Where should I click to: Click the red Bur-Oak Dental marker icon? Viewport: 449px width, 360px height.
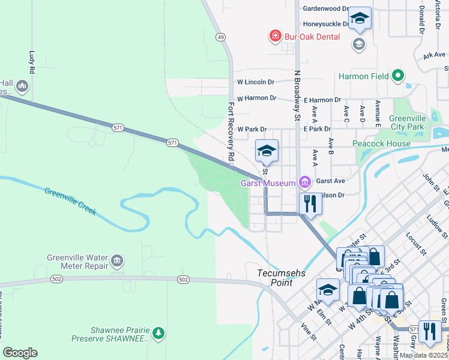(276, 37)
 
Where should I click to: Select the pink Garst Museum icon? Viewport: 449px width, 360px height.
(305, 182)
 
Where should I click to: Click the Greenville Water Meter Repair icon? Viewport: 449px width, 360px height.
(117, 262)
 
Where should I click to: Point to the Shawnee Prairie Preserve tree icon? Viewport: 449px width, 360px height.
(158, 332)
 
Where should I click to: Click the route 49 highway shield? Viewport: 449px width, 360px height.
(221, 37)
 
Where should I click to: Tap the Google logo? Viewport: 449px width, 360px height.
(20, 353)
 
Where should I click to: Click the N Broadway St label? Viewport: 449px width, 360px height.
(297, 95)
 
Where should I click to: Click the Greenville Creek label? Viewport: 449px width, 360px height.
(70, 201)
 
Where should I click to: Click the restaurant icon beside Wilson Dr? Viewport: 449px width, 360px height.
(310, 203)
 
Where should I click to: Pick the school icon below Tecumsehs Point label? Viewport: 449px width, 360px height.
(328, 290)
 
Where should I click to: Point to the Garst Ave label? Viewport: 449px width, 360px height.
(330, 181)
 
